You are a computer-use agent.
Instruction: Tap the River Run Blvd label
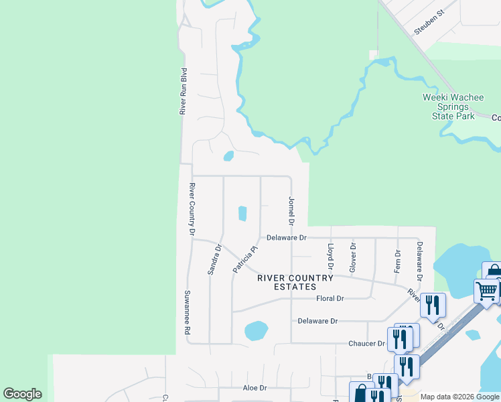tap(182, 90)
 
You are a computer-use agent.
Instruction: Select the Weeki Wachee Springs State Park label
tap(453, 107)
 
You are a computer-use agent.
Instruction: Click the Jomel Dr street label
tap(291, 210)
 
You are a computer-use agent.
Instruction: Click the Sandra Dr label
tap(214, 260)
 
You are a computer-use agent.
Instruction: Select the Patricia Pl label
tap(245, 258)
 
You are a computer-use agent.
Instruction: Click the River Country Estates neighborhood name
tap(295, 282)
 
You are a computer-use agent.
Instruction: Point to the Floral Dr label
tap(330, 298)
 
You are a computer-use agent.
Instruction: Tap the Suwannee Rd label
tap(188, 312)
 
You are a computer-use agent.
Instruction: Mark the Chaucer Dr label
tap(366, 344)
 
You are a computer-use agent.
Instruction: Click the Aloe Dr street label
tap(255, 388)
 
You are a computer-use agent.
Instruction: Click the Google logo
tap(22, 394)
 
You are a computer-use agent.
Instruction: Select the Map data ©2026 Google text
tap(459, 397)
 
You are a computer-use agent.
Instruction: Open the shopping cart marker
tap(486, 290)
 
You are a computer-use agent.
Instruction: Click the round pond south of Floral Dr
tap(256, 330)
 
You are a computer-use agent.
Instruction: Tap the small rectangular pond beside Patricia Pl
tap(242, 214)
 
